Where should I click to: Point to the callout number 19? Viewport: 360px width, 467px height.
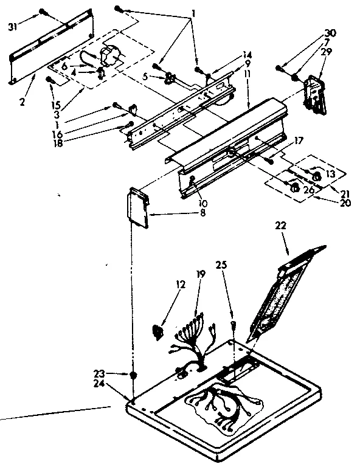201,274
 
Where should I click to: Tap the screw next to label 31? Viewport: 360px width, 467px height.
43,12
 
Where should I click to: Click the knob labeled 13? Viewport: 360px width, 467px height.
316,176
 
